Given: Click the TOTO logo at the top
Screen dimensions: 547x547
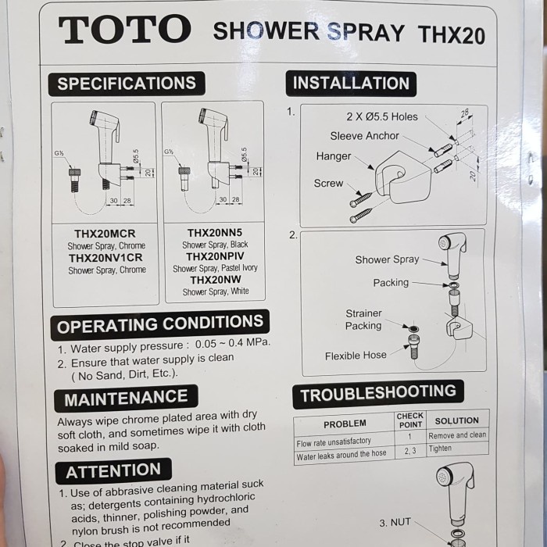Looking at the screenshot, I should pyautogui.click(x=124, y=30).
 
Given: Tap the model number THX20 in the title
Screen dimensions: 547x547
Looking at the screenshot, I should pyautogui.click(x=451, y=34).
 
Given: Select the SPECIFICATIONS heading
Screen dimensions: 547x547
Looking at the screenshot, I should pyautogui.click(x=127, y=84).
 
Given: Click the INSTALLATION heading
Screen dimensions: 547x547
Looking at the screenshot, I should pyautogui.click(x=351, y=83).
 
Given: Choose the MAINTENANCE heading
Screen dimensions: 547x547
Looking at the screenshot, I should pyautogui.click(x=126, y=399).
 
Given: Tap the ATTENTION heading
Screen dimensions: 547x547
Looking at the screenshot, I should pyautogui.click(x=113, y=471).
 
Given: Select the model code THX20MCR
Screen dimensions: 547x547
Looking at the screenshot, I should pyautogui.click(x=105, y=233).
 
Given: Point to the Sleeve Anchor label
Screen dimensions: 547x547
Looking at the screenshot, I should pyautogui.click(x=364, y=136).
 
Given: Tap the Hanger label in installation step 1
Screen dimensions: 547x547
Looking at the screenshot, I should pyautogui.click(x=334, y=156).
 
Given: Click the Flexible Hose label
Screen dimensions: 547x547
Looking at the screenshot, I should pyautogui.click(x=356, y=356).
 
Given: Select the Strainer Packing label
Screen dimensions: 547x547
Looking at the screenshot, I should pyautogui.click(x=363, y=320).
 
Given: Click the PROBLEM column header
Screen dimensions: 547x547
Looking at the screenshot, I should pyautogui.click(x=345, y=424).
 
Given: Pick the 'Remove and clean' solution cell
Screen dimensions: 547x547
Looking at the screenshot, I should pyautogui.click(x=457, y=435).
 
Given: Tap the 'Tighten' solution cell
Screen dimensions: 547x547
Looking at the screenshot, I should pyautogui.click(x=440, y=449).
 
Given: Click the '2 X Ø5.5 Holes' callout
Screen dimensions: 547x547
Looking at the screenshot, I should pyautogui.click(x=382, y=116).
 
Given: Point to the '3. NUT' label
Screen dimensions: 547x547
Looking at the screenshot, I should pyautogui.click(x=395, y=523).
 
